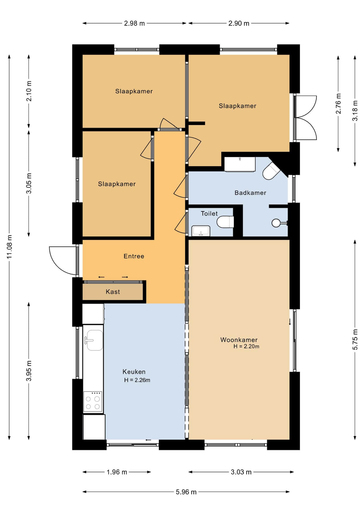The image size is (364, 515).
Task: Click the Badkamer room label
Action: (250, 193)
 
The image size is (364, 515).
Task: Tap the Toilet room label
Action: (209, 214)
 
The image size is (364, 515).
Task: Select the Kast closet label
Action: (113, 292)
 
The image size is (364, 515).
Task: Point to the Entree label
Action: (134, 256)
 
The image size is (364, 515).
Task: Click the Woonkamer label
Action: (239, 340)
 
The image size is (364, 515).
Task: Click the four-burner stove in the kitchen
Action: (93, 402)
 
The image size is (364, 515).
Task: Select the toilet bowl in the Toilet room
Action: (225, 222)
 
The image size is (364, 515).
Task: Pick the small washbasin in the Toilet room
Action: (201, 231)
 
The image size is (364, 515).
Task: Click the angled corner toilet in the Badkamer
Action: (271, 171)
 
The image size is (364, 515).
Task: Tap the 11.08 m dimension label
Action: (10, 247)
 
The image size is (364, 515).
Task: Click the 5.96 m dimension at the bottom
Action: (186, 492)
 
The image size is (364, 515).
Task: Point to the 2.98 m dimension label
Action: (134, 23)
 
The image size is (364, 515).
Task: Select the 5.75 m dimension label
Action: (355, 339)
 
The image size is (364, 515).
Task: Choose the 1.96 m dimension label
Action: (117, 472)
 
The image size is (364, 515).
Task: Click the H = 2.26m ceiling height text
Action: (137, 380)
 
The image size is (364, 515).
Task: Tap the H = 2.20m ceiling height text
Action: (246, 346)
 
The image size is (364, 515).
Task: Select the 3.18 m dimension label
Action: (355, 111)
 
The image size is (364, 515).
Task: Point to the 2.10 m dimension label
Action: (29, 91)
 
